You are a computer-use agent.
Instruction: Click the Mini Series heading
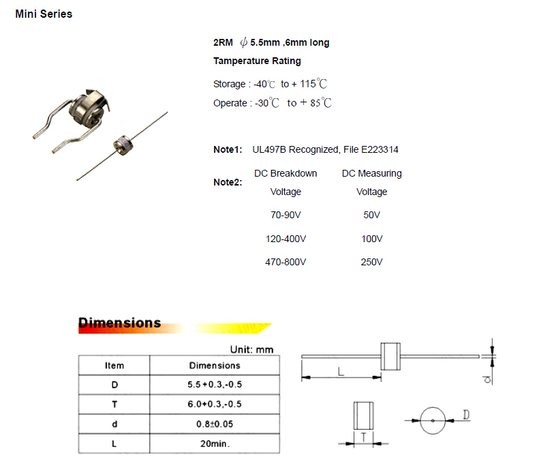coord(44,14)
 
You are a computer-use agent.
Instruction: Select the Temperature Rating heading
coord(257,61)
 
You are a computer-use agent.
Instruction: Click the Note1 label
coord(228,149)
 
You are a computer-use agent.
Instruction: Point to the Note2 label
coord(228,182)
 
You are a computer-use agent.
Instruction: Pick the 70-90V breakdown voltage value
coord(286,215)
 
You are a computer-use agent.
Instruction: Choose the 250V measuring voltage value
coord(371,262)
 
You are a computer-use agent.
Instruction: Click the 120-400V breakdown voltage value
coord(286,239)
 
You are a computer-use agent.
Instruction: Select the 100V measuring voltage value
coord(371,239)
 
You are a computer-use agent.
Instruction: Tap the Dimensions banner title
coord(120,323)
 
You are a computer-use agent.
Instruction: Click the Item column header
coord(114,366)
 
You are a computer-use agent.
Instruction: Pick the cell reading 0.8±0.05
coord(215,424)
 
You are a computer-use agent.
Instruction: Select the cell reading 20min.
coord(215,443)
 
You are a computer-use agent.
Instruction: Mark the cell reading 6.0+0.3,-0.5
coord(215,404)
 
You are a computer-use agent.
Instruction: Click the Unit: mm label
coord(251,349)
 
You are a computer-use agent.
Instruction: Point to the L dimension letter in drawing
coord(339,370)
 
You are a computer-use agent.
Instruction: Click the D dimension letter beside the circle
coord(466,415)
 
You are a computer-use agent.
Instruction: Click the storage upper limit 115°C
coord(313,84)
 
